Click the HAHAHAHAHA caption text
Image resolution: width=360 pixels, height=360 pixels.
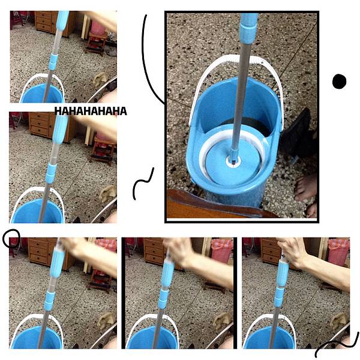[91, 111]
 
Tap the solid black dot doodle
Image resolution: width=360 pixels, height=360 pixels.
[339, 81]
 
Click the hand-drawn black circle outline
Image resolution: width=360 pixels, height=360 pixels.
[11, 238]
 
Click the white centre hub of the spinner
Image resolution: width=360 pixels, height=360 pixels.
[233, 161]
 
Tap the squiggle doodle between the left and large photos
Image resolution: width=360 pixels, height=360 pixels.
[143, 183]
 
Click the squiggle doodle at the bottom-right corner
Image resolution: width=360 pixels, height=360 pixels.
[337, 346]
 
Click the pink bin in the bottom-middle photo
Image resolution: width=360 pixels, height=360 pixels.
[222, 251]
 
